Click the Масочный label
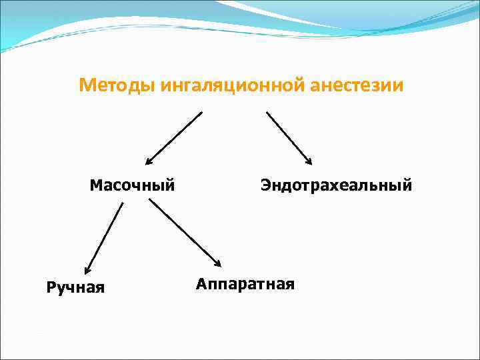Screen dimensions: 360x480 coord(132,184)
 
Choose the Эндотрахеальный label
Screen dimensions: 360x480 coord(336,184)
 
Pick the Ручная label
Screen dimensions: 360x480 coord(75,287)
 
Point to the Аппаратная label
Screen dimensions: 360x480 coord(245,284)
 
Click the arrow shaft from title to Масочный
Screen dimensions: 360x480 coord(175,137)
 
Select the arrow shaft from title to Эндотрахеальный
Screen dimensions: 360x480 coord(288,136)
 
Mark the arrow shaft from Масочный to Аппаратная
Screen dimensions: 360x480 coord(183,231)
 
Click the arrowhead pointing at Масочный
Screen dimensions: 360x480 coord(149,161)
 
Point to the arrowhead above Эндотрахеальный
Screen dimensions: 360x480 coord(309,160)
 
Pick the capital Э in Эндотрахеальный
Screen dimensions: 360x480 coord(265,184)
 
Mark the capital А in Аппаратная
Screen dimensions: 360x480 coord(201,284)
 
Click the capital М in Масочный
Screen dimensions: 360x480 coord(95,184)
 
